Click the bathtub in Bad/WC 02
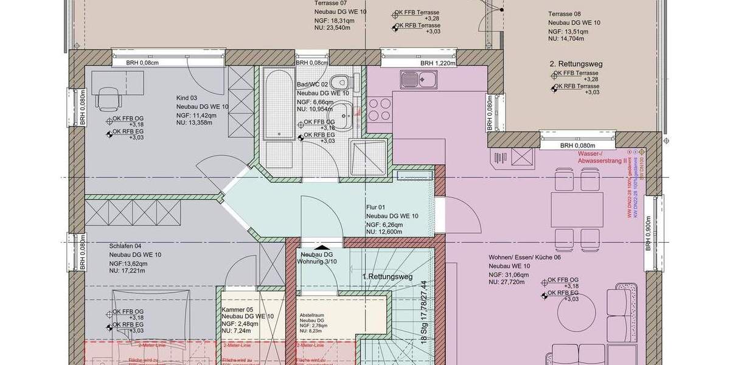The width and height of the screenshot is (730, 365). pos(277,103)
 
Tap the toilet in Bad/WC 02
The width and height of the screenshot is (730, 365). pos(344,81)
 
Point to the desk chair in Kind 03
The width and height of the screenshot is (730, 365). pos(108,98)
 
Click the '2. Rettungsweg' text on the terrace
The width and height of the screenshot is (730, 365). pos(575,63)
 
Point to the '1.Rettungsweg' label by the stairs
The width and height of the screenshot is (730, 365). pos(388,277)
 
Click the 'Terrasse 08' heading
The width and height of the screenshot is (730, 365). pos(564,14)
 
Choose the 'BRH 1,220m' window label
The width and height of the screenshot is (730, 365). pos(434,63)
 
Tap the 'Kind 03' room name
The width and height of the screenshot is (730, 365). pos(187,98)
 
